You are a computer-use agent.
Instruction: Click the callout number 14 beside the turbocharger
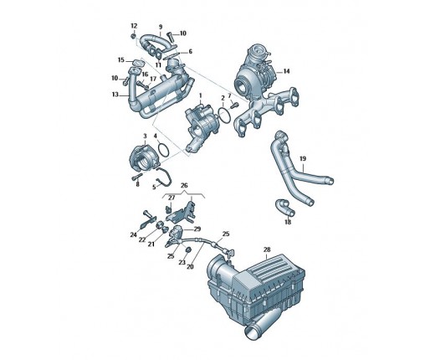(x=286, y=71)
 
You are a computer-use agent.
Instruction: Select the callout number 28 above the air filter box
(x=267, y=249)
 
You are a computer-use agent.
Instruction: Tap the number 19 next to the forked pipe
(x=303, y=159)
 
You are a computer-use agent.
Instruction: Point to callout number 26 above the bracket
(x=184, y=185)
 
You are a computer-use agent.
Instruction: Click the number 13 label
(x=115, y=95)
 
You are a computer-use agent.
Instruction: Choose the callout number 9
(x=161, y=27)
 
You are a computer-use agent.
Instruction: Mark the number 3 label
(x=145, y=136)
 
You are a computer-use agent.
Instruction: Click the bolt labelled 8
(x=137, y=177)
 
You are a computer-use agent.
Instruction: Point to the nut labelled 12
(x=134, y=36)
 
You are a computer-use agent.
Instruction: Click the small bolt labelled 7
(x=234, y=105)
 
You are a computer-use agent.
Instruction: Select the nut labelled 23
(x=188, y=249)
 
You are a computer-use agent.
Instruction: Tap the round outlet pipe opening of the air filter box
(x=253, y=332)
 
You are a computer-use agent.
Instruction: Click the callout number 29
(x=197, y=229)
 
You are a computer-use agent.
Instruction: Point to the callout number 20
(x=190, y=267)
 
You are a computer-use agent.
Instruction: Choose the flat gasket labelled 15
(x=137, y=62)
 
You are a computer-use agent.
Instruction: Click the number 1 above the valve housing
(x=200, y=96)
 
